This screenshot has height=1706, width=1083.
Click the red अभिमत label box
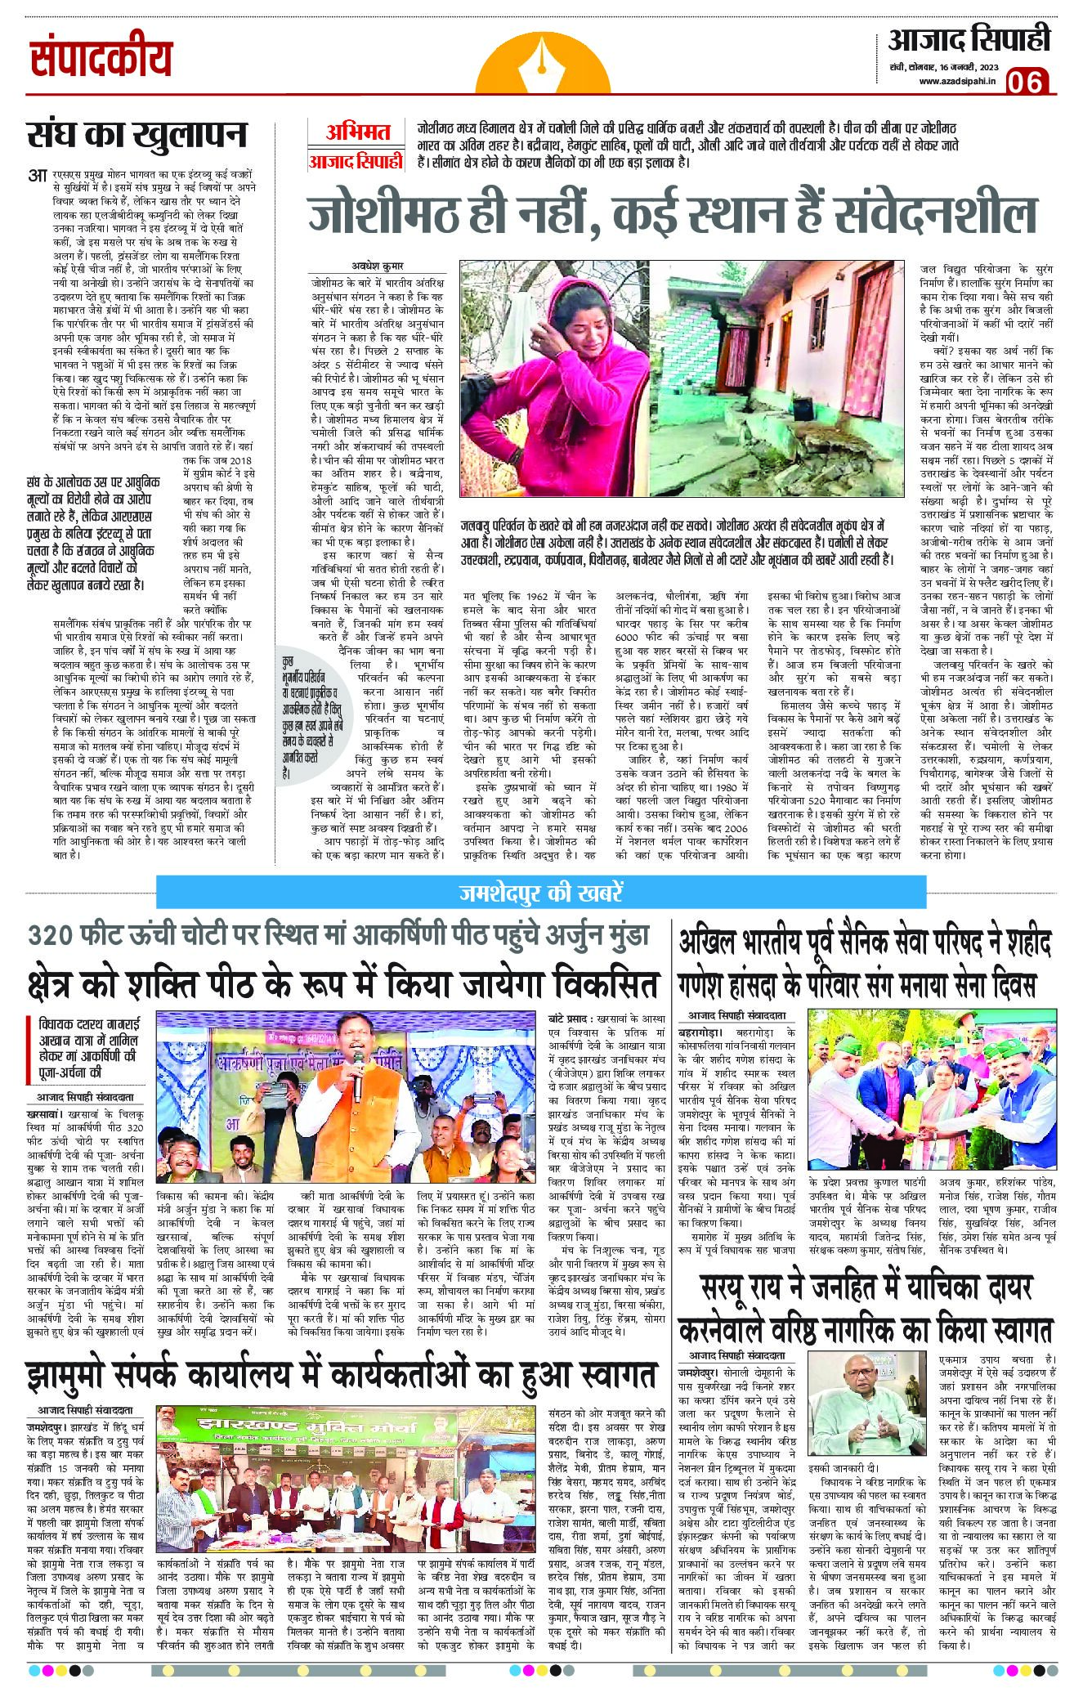tap(356, 131)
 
